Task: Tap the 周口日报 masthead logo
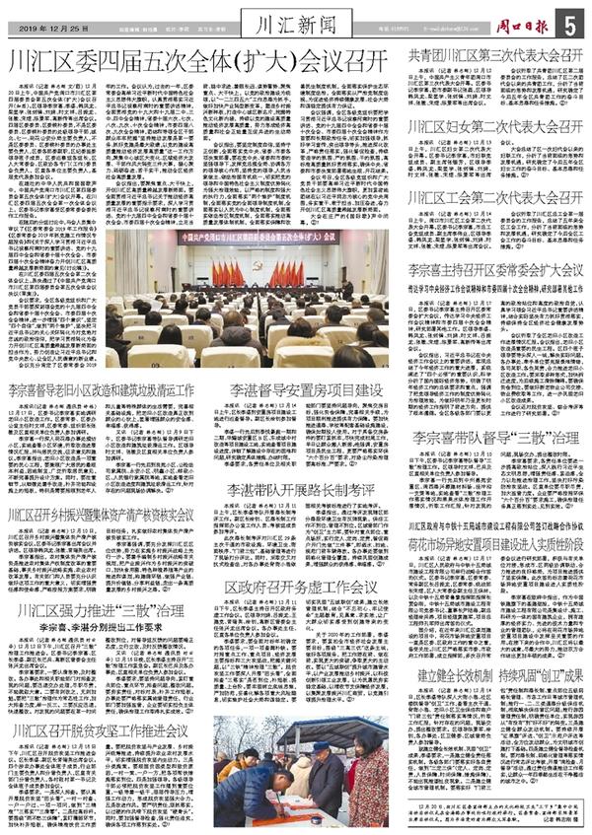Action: point(514,19)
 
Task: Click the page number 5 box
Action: point(570,21)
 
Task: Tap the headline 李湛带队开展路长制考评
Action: point(305,489)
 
